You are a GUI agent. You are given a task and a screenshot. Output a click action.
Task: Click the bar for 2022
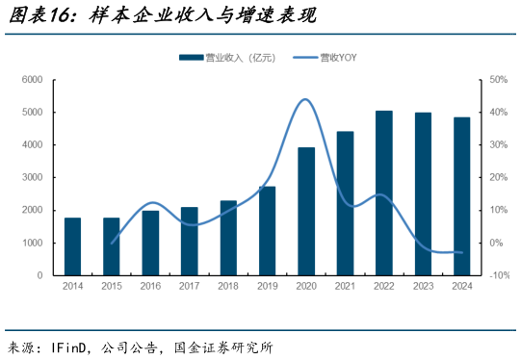point(383,193)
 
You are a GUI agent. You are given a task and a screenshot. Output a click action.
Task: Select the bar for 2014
point(72,246)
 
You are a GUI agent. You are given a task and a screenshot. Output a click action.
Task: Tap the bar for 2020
point(306,211)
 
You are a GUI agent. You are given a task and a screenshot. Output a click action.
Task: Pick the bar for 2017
point(189,241)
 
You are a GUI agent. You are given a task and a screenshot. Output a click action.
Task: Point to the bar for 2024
point(461,196)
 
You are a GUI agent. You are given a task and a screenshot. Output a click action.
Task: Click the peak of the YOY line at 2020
point(305,99)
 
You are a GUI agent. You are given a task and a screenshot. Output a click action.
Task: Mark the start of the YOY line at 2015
point(112,243)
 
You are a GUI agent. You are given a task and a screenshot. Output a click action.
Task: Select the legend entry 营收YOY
point(336,58)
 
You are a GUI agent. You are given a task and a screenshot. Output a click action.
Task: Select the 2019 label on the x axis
point(267,287)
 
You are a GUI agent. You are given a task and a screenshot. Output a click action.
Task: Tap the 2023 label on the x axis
point(423,287)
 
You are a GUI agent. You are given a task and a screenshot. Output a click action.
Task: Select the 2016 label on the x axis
point(150,287)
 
